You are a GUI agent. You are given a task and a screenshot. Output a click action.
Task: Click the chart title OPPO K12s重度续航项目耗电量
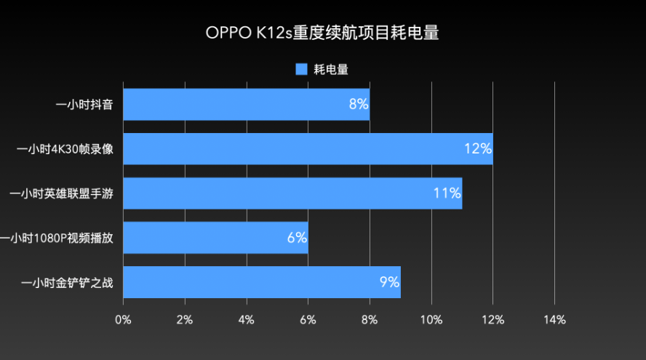pos(322,33)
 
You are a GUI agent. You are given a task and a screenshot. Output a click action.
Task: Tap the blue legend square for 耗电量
pos(302,69)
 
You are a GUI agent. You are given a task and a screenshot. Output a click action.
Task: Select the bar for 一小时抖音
pos(246,104)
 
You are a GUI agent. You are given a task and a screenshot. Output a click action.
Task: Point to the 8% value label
pos(358,104)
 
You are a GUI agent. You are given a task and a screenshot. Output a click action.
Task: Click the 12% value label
pos(478,148)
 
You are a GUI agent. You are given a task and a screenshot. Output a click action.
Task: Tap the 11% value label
pos(447,193)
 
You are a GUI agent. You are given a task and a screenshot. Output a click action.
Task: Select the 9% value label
pos(389,282)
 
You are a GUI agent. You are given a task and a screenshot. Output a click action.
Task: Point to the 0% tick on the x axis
pos(123,319)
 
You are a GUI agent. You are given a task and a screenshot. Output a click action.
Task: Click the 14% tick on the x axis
pos(554,319)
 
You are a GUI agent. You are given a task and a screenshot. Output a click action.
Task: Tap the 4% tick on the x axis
pos(246,319)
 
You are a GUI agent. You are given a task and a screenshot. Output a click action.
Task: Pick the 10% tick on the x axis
pos(431,319)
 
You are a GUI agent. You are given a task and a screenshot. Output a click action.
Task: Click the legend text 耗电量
pos(331,69)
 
